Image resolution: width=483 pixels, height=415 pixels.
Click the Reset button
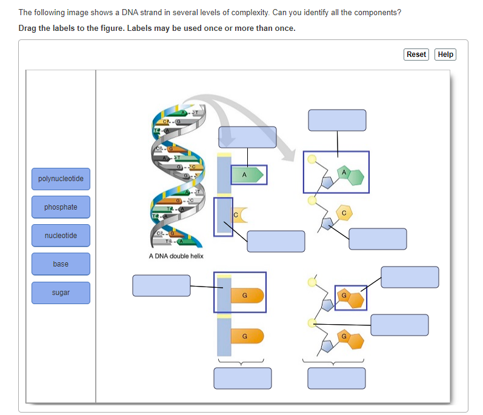tap(416, 55)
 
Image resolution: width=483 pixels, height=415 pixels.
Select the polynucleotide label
tap(61, 179)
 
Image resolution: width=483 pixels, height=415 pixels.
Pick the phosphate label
tap(61, 207)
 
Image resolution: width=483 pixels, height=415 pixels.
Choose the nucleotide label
tap(61, 235)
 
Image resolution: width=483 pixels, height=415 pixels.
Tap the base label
tap(61, 264)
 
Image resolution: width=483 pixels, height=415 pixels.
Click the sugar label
tap(61, 293)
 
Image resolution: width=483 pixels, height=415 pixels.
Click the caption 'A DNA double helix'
tap(176, 256)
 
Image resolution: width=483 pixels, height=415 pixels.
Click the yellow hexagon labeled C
tap(344, 213)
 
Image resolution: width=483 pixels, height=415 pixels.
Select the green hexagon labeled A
tap(344, 174)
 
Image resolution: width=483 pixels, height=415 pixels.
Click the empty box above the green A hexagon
tap(337, 120)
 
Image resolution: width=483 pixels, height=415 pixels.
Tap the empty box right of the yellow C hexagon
tap(378, 239)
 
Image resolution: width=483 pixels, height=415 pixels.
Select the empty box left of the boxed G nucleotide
tap(161, 286)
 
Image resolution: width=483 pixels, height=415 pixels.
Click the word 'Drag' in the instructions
tap(28, 28)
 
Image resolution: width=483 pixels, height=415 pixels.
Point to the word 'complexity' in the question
tap(250, 13)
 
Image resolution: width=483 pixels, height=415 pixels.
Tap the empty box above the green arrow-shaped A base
tap(247, 137)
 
